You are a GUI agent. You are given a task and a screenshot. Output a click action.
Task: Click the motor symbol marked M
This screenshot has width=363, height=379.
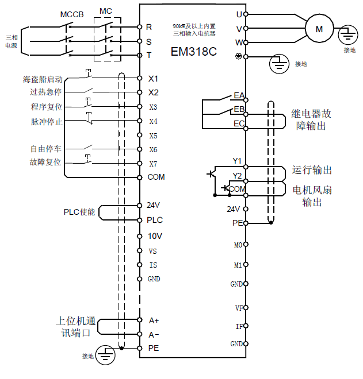click(319, 28)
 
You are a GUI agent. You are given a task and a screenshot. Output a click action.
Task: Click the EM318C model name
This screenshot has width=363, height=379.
click(193, 51)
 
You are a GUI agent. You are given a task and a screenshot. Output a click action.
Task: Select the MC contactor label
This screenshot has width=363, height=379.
click(106, 11)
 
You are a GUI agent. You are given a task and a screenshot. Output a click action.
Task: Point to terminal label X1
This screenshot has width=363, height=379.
click(153, 78)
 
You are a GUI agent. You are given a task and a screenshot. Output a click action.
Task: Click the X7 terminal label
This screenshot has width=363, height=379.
click(153, 164)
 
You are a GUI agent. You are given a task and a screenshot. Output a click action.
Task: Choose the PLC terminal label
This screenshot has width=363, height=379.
click(155, 220)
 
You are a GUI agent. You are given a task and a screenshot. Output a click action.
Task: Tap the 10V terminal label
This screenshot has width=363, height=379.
click(155, 236)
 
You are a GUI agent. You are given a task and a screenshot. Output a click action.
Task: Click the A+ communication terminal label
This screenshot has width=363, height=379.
click(154, 320)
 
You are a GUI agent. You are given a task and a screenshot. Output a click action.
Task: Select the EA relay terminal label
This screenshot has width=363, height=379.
click(239, 95)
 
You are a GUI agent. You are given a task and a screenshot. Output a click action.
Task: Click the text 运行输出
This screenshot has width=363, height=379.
click(312, 171)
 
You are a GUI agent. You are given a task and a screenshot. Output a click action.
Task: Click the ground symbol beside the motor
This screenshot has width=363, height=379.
click(346, 34)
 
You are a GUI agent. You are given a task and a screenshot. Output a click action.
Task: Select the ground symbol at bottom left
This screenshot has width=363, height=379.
click(105, 354)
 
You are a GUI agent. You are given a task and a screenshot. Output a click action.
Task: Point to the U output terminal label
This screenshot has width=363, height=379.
click(239, 13)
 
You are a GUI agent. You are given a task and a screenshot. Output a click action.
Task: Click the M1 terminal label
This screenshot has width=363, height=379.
click(238, 265)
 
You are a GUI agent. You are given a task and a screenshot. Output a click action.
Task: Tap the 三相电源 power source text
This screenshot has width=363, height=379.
click(11, 41)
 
